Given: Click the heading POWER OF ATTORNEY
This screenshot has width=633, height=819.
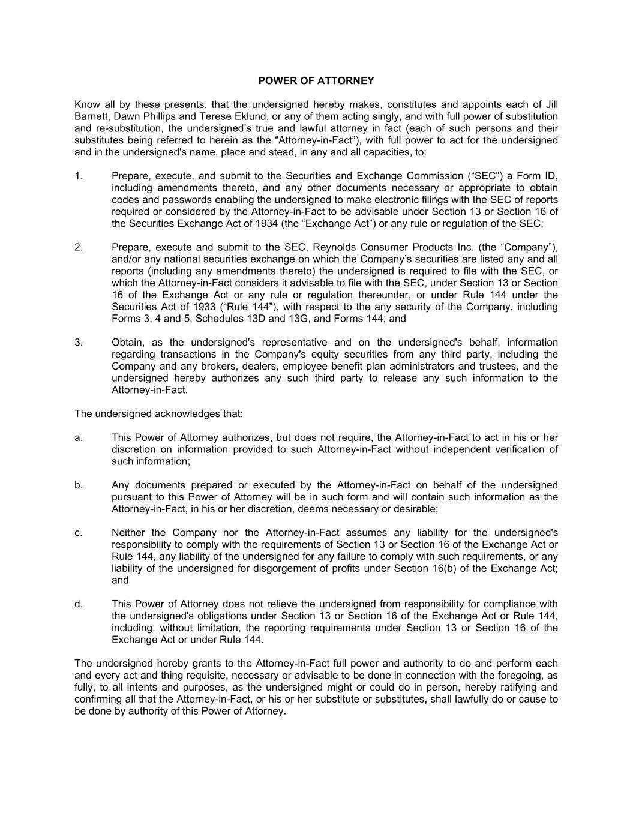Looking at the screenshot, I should (x=316, y=80).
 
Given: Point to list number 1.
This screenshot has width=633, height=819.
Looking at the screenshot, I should (x=78, y=176).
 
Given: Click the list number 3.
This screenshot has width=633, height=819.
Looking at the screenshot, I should (x=78, y=343).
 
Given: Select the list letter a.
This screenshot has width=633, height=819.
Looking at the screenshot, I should (x=78, y=437).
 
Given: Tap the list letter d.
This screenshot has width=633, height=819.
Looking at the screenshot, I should (x=78, y=604).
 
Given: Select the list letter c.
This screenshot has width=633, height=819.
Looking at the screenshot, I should (x=78, y=533).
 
